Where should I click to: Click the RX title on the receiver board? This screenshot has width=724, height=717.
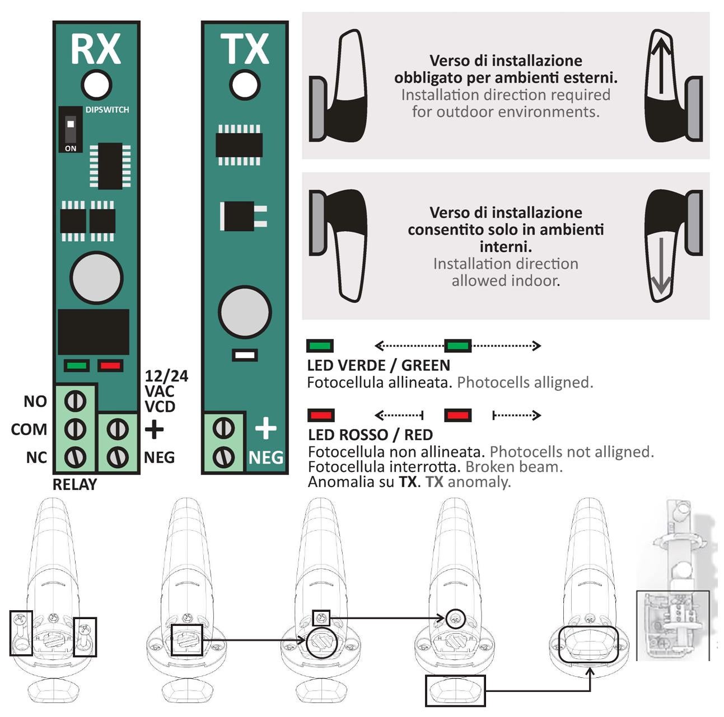click(95, 49)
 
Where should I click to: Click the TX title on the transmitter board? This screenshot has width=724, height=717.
click(244, 49)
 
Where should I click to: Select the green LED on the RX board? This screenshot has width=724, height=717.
click(77, 366)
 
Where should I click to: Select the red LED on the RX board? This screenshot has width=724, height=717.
click(110, 366)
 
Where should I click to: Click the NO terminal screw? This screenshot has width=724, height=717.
click(76, 400)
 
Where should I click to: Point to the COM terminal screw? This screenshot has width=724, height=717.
click(76, 429)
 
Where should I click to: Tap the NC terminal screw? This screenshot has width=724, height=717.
click(76, 457)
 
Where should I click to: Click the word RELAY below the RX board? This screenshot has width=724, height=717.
click(74, 484)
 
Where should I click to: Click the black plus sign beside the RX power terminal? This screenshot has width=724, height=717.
click(154, 430)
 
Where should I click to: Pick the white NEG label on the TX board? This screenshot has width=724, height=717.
click(265, 457)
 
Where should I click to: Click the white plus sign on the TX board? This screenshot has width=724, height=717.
click(265, 428)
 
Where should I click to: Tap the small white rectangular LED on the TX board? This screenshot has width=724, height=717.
click(245, 355)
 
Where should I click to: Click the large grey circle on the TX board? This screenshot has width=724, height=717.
click(245, 313)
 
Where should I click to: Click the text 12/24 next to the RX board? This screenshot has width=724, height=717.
click(166, 376)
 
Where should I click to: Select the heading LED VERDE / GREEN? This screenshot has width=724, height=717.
click(379, 366)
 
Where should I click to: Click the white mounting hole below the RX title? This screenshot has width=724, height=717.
click(96, 85)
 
